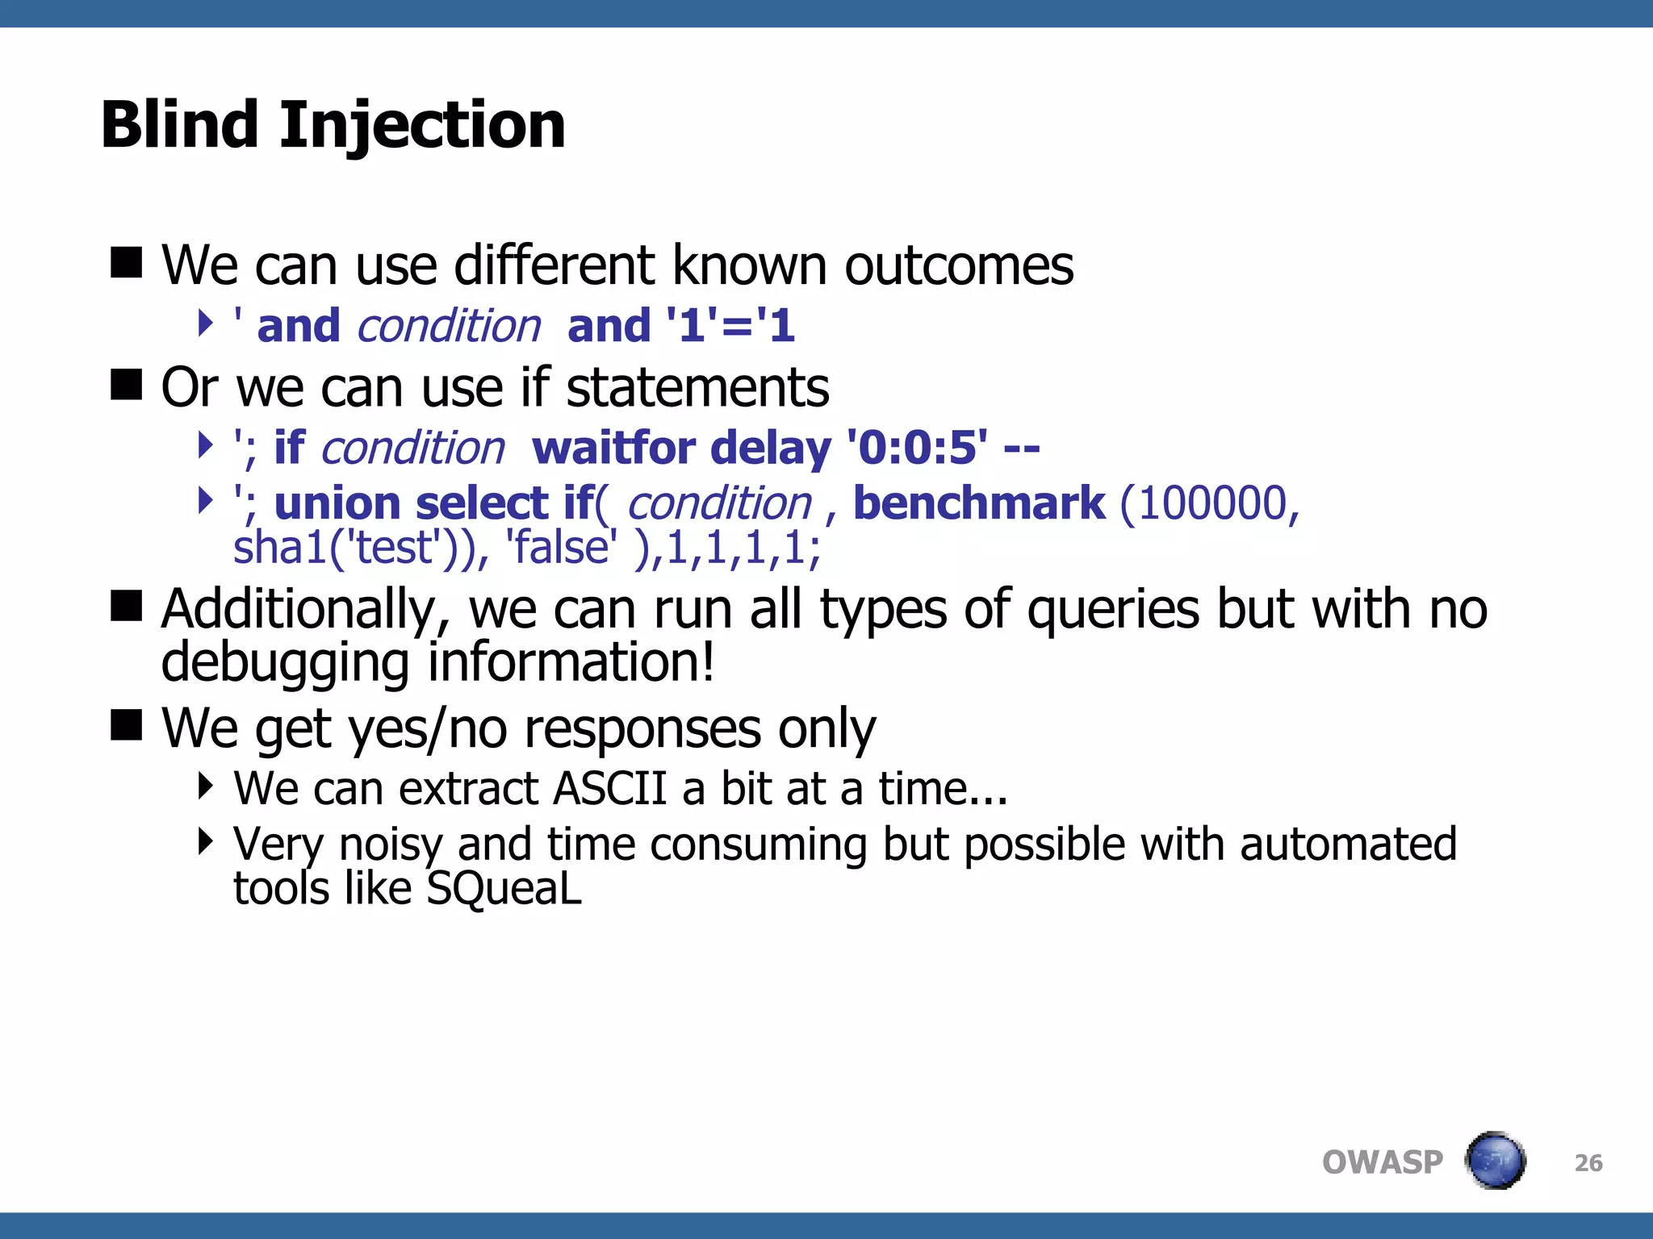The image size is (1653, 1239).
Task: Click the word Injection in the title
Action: (422, 127)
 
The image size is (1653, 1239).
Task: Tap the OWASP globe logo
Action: (1496, 1161)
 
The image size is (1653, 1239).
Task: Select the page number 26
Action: (1588, 1162)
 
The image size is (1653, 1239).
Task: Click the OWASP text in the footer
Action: (1382, 1162)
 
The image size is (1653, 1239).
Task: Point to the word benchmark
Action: (978, 503)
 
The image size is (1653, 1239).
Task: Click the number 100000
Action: (1208, 503)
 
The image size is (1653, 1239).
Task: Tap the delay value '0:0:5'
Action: (917, 448)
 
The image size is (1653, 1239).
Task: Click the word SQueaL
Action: (504, 888)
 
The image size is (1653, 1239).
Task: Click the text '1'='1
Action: (730, 327)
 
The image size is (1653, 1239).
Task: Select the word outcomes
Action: (959, 265)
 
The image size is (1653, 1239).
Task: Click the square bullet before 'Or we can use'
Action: (126, 385)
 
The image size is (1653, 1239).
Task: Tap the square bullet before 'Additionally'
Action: (126, 606)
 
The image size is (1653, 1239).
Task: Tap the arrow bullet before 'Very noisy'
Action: (205, 842)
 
